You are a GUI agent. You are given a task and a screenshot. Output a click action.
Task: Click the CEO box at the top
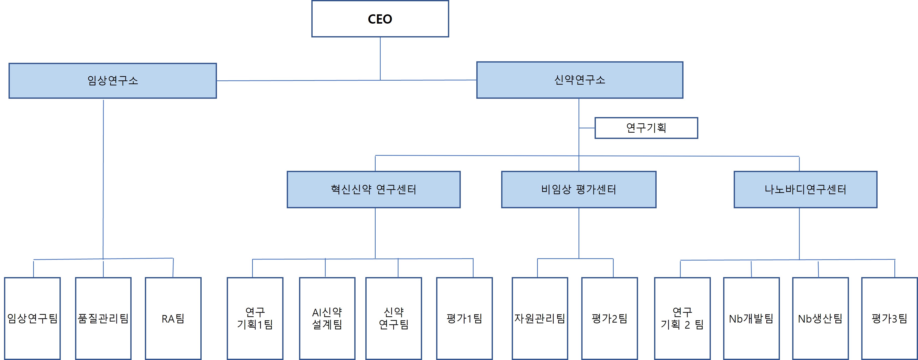(x=380, y=19)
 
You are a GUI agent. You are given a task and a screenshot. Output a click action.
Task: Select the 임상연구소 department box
(x=112, y=81)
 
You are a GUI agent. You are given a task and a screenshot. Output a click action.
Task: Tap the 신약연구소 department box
(x=580, y=80)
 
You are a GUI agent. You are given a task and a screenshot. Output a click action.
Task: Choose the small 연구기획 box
(x=646, y=128)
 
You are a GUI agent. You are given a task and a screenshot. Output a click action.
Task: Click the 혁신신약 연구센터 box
(x=373, y=189)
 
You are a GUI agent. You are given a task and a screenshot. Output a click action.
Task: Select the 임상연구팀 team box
(x=32, y=318)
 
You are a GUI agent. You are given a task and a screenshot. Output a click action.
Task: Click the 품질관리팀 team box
(x=103, y=318)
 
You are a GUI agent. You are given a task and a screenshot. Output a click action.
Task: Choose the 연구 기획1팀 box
(x=255, y=318)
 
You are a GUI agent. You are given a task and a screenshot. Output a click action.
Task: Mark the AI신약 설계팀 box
(x=327, y=318)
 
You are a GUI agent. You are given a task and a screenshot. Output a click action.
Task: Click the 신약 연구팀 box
(x=393, y=318)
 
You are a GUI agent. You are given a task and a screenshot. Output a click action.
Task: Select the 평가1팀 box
(x=464, y=318)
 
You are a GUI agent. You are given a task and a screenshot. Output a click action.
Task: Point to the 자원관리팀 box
(x=540, y=318)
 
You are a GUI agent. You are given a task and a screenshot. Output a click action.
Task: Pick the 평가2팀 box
(x=609, y=318)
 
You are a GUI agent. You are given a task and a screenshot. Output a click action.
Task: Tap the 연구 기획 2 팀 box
(x=682, y=318)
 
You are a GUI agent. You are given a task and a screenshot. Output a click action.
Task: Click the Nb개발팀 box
(x=751, y=318)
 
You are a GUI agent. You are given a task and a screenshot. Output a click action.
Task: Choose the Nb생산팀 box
(x=820, y=318)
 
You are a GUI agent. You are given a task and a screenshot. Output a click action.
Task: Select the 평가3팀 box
(x=889, y=318)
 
